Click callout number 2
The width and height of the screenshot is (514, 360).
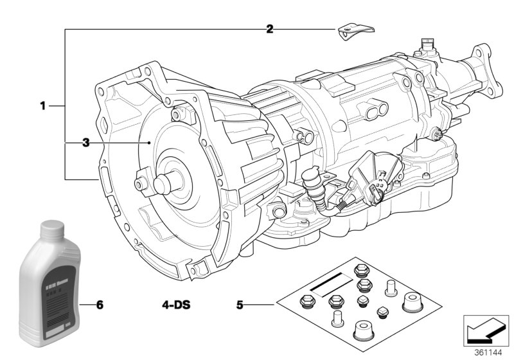(270, 28)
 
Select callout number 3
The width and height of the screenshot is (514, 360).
(85, 143)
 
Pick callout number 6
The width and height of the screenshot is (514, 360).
(100, 303)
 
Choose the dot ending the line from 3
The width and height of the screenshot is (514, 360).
(148, 143)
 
